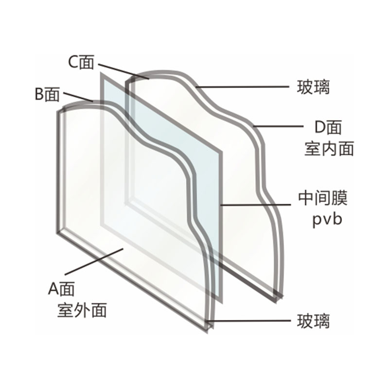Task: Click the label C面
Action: [81, 62]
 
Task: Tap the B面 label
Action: [47, 94]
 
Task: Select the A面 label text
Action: [61, 288]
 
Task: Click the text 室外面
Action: [82, 310]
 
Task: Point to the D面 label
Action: [328, 127]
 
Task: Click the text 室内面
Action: [329, 149]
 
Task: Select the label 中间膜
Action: [323, 198]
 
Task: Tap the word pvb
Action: [327, 219]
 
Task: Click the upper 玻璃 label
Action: [313, 87]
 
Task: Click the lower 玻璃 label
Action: [313, 321]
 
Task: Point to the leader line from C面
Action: [124, 71]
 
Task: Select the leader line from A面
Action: [94, 262]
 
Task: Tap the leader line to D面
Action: [278, 126]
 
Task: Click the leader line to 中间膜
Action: [256, 205]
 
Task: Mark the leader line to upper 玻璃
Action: [242, 87]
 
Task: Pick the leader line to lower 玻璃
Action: [249, 321]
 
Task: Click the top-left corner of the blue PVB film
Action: [101, 73]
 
